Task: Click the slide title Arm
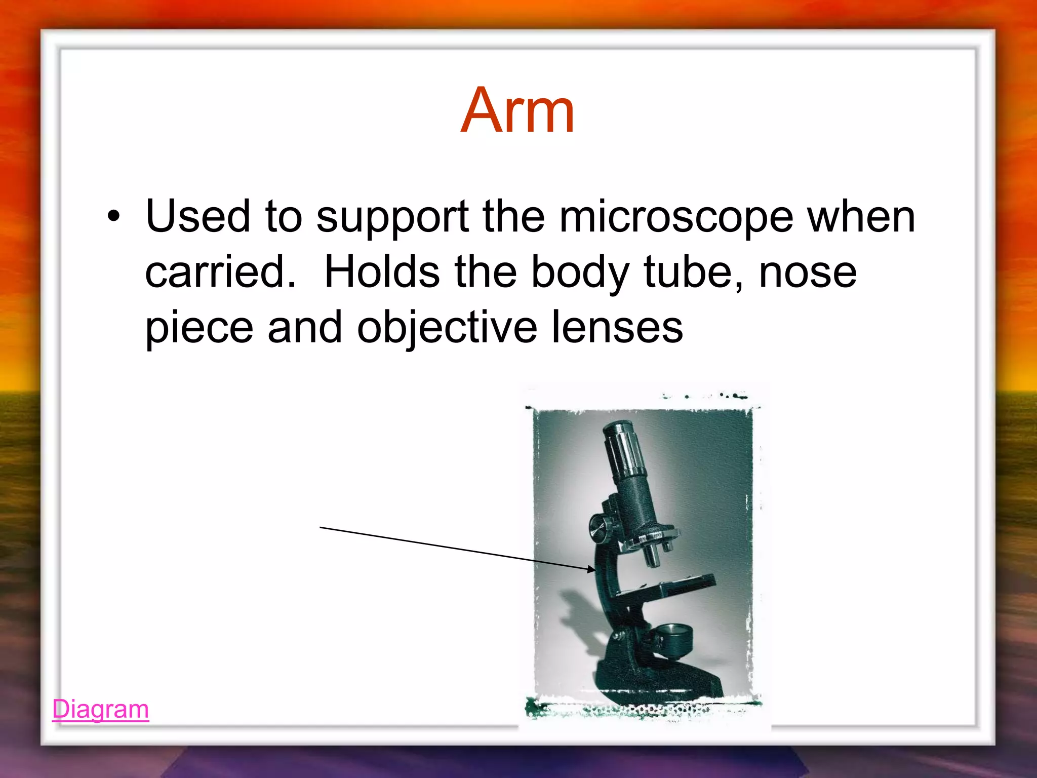[517, 110]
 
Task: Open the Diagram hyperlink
[100, 709]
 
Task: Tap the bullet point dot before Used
[114, 217]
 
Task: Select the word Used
[197, 217]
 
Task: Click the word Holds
[382, 272]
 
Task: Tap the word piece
[199, 328]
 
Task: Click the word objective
[447, 328]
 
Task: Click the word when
[861, 217]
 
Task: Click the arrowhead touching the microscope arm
[591, 569]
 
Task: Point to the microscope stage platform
[673, 588]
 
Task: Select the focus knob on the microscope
[600, 528]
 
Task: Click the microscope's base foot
[658, 681]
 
